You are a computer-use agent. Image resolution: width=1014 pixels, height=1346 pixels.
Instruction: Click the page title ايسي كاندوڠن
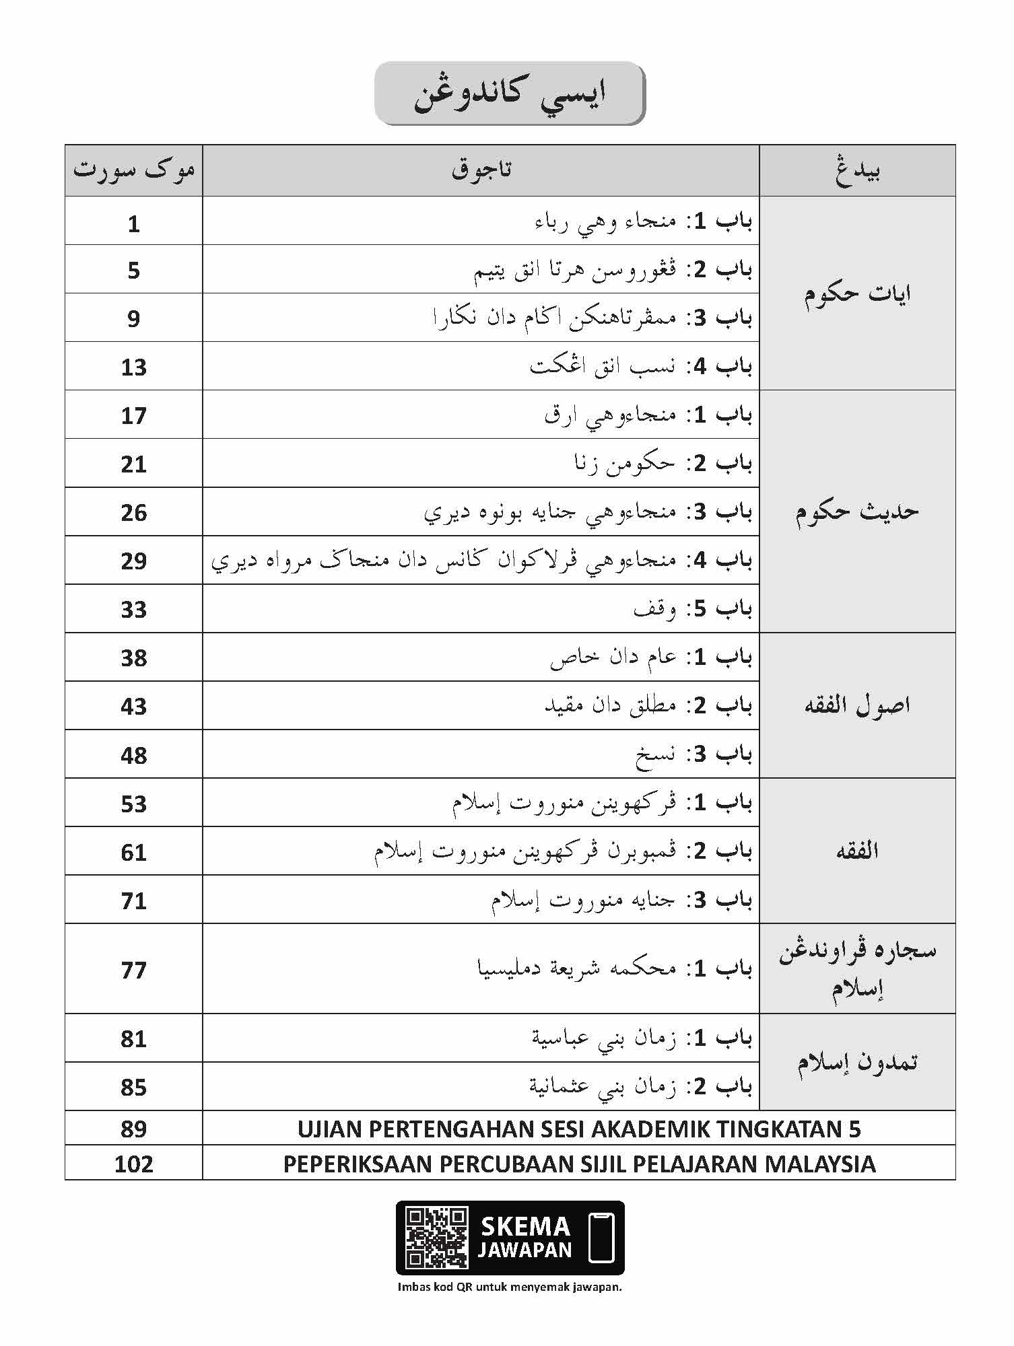[510, 94]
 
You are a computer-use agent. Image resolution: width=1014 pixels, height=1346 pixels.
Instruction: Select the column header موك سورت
[133, 170]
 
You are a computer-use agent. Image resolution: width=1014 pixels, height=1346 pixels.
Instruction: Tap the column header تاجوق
[481, 170]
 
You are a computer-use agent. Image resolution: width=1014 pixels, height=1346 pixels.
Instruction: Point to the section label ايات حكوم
[857, 293]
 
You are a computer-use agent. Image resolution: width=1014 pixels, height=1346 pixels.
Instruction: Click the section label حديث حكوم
[857, 511]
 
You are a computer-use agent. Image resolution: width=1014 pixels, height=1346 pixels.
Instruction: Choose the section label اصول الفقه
[857, 705]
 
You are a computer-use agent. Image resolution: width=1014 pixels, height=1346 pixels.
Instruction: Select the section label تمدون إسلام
[857, 1062]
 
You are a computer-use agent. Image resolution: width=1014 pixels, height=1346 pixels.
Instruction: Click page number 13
[133, 367]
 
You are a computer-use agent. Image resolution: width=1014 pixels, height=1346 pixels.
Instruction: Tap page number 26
[133, 512]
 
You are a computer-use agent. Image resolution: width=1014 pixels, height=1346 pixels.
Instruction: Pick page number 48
[133, 755]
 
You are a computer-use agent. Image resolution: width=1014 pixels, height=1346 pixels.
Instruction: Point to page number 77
[133, 970]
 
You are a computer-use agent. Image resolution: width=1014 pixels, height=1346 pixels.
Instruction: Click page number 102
[133, 1164]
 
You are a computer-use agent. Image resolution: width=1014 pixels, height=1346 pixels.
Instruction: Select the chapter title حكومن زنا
[624, 464]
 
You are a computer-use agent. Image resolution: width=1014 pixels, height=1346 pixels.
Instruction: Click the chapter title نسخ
[655, 754]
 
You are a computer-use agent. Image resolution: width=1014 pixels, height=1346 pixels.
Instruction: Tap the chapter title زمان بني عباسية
[604, 1038]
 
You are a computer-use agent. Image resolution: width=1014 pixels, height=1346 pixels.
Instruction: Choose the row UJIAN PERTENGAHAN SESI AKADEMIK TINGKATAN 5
[579, 1129]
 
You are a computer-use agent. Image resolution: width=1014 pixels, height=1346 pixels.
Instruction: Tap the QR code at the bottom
[436, 1238]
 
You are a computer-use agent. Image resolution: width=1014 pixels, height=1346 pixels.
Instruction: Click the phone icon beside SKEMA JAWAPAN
[601, 1238]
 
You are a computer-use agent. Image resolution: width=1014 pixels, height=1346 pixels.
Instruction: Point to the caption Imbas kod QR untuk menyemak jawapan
[510, 1287]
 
